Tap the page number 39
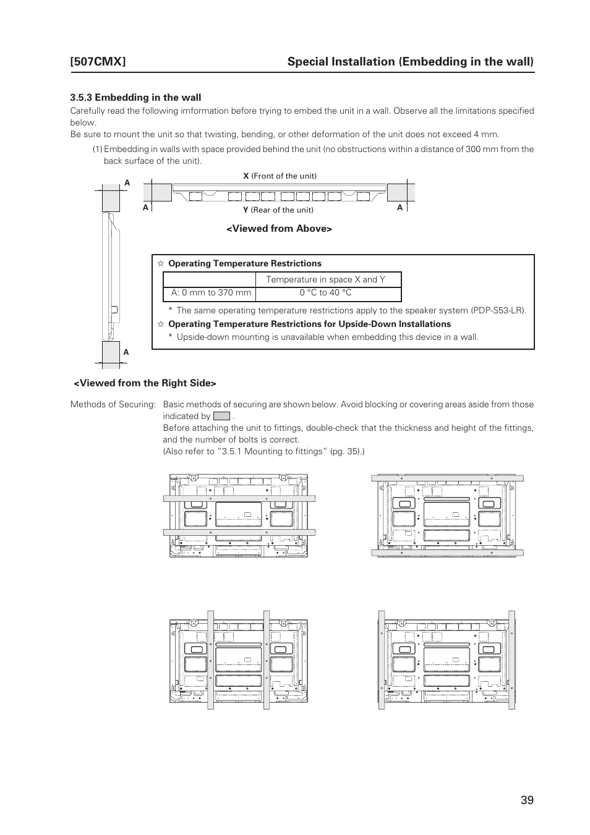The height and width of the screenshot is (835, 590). coord(526,800)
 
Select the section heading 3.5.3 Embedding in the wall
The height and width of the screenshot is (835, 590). coord(135,97)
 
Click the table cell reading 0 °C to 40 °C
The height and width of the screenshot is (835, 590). coord(325,293)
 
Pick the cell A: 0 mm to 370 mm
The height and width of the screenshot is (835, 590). coord(211,293)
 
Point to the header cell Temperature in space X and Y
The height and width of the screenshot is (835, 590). coord(325,279)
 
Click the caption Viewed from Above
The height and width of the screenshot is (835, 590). coord(278,229)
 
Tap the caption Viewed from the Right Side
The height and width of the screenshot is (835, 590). coord(145,383)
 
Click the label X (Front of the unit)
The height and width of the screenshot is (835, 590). coord(280,176)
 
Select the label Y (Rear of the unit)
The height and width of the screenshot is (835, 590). coord(278,210)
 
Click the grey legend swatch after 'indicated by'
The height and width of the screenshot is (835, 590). coord(221,417)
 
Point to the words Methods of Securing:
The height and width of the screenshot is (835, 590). coord(113,405)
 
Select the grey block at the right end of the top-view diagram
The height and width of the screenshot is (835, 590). coord(400,192)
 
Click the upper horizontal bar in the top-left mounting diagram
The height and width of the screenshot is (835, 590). coord(239,498)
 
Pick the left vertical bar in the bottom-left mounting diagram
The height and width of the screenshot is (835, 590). coord(210,660)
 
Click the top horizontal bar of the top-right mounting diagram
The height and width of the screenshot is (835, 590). coord(447,478)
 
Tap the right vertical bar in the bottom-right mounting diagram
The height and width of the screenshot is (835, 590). coord(511,660)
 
